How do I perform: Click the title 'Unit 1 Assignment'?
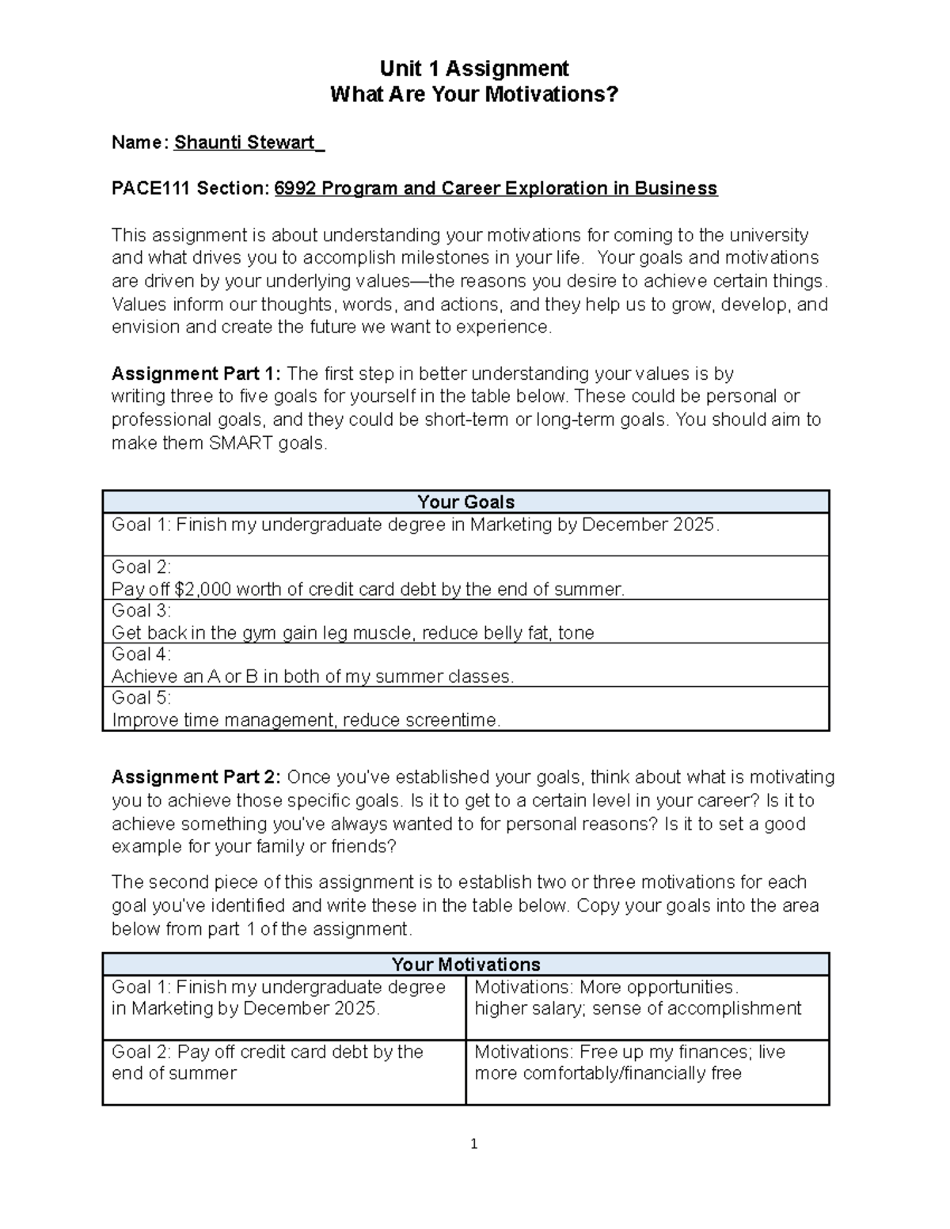(473, 68)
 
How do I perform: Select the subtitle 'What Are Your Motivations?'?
(473, 95)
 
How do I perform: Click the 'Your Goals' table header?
(465, 502)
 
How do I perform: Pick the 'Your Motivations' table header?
(465, 964)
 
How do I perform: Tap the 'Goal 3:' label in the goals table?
(141, 611)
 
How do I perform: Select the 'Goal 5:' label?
(141, 698)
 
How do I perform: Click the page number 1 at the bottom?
(473, 1144)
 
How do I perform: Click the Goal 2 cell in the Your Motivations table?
(283, 1063)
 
